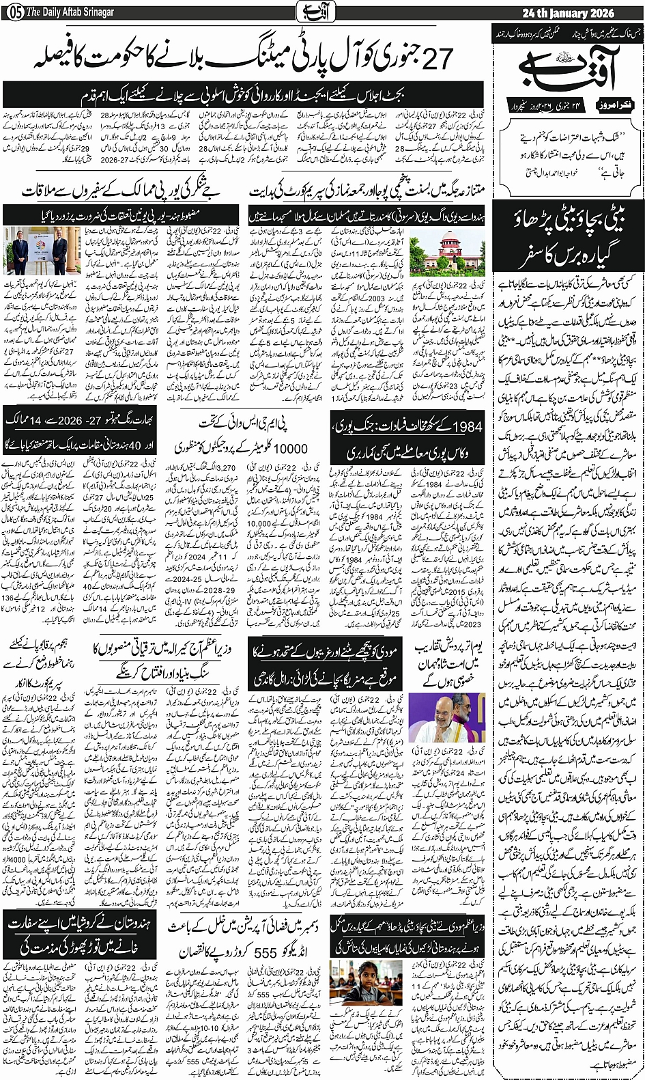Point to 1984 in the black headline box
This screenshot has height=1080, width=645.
point(468,427)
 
